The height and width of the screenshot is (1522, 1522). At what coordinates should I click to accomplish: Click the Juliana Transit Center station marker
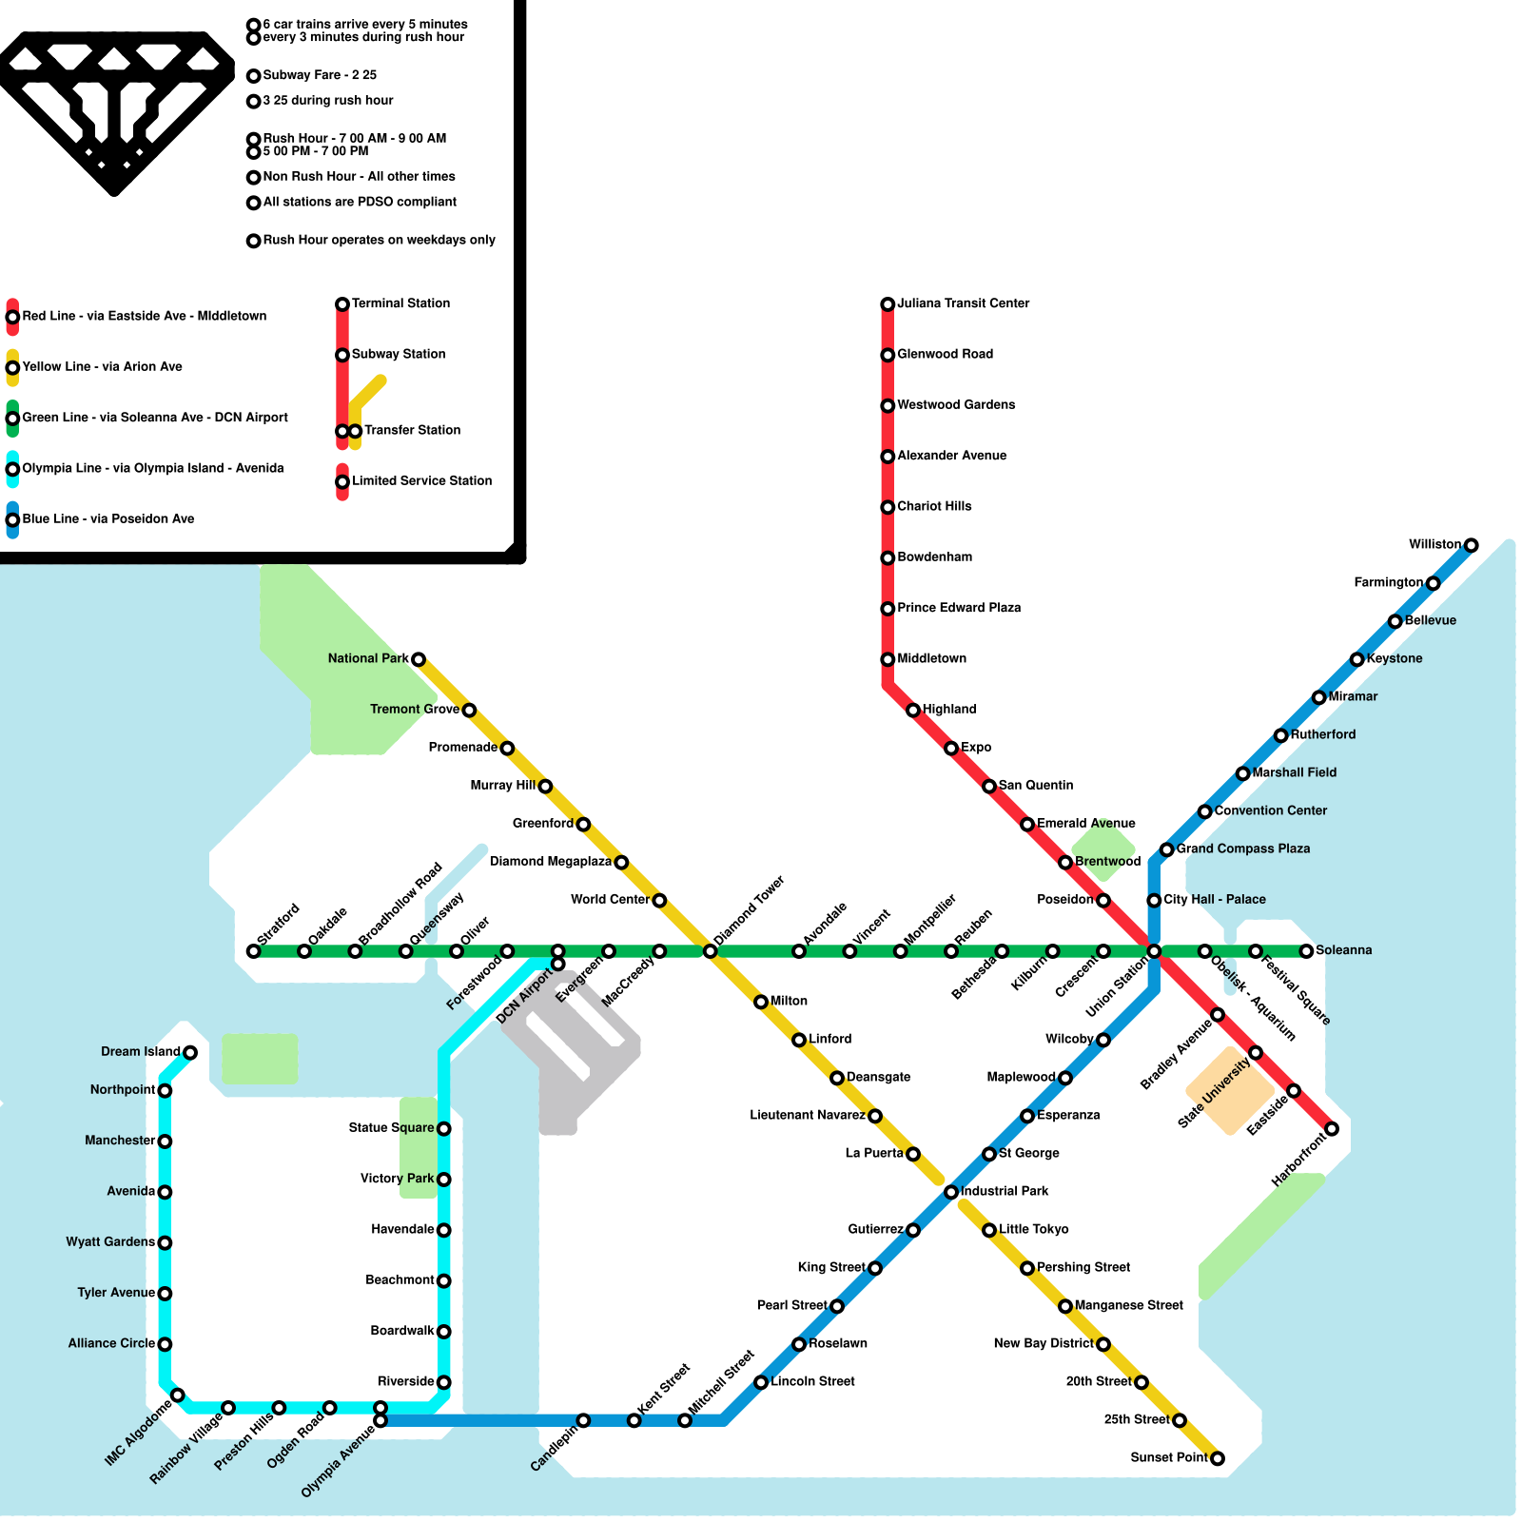click(x=888, y=304)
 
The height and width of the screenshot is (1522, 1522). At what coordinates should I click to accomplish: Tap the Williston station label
click(x=1434, y=544)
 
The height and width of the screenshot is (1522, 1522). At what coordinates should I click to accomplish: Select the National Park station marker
click(x=418, y=659)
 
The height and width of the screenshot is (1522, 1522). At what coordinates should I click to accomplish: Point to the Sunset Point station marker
click(x=1217, y=1458)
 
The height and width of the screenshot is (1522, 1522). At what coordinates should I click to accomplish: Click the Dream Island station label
click(x=140, y=1051)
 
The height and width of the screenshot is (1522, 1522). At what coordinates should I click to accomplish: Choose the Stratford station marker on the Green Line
click(x=253, y=951)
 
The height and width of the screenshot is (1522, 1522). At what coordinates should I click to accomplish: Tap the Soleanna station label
click(x=1343, y=950)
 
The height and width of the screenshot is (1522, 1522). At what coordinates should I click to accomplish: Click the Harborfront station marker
click(x=1332, y=1129)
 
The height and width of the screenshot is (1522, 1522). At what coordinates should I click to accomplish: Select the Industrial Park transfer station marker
click(x=951, y=1192)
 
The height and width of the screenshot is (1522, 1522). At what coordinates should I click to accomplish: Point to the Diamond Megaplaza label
click(x=550, y=862)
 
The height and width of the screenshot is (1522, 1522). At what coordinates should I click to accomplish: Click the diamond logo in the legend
click(x=114, y=109)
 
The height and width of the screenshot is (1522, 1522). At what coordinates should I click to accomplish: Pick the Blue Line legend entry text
click(x=108, y=518)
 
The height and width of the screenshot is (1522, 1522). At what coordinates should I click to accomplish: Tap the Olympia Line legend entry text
click(x=152, y=468)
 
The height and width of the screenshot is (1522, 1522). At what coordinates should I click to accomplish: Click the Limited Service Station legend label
click(x=421, y=480)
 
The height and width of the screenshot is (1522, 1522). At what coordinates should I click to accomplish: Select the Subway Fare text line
click(x=320, y=75)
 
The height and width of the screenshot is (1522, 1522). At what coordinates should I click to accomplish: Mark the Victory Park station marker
click(x=443, y=1180)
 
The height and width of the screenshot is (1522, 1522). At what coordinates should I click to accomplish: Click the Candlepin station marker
click(x=583, y=1420)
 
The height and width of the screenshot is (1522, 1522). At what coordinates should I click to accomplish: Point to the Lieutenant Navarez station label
click(x=807, y=1115)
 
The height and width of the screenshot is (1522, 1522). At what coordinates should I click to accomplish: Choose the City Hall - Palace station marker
click(x=1154, y=900)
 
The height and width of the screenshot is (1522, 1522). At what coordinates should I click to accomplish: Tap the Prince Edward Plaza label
click(x=959, y=608)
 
